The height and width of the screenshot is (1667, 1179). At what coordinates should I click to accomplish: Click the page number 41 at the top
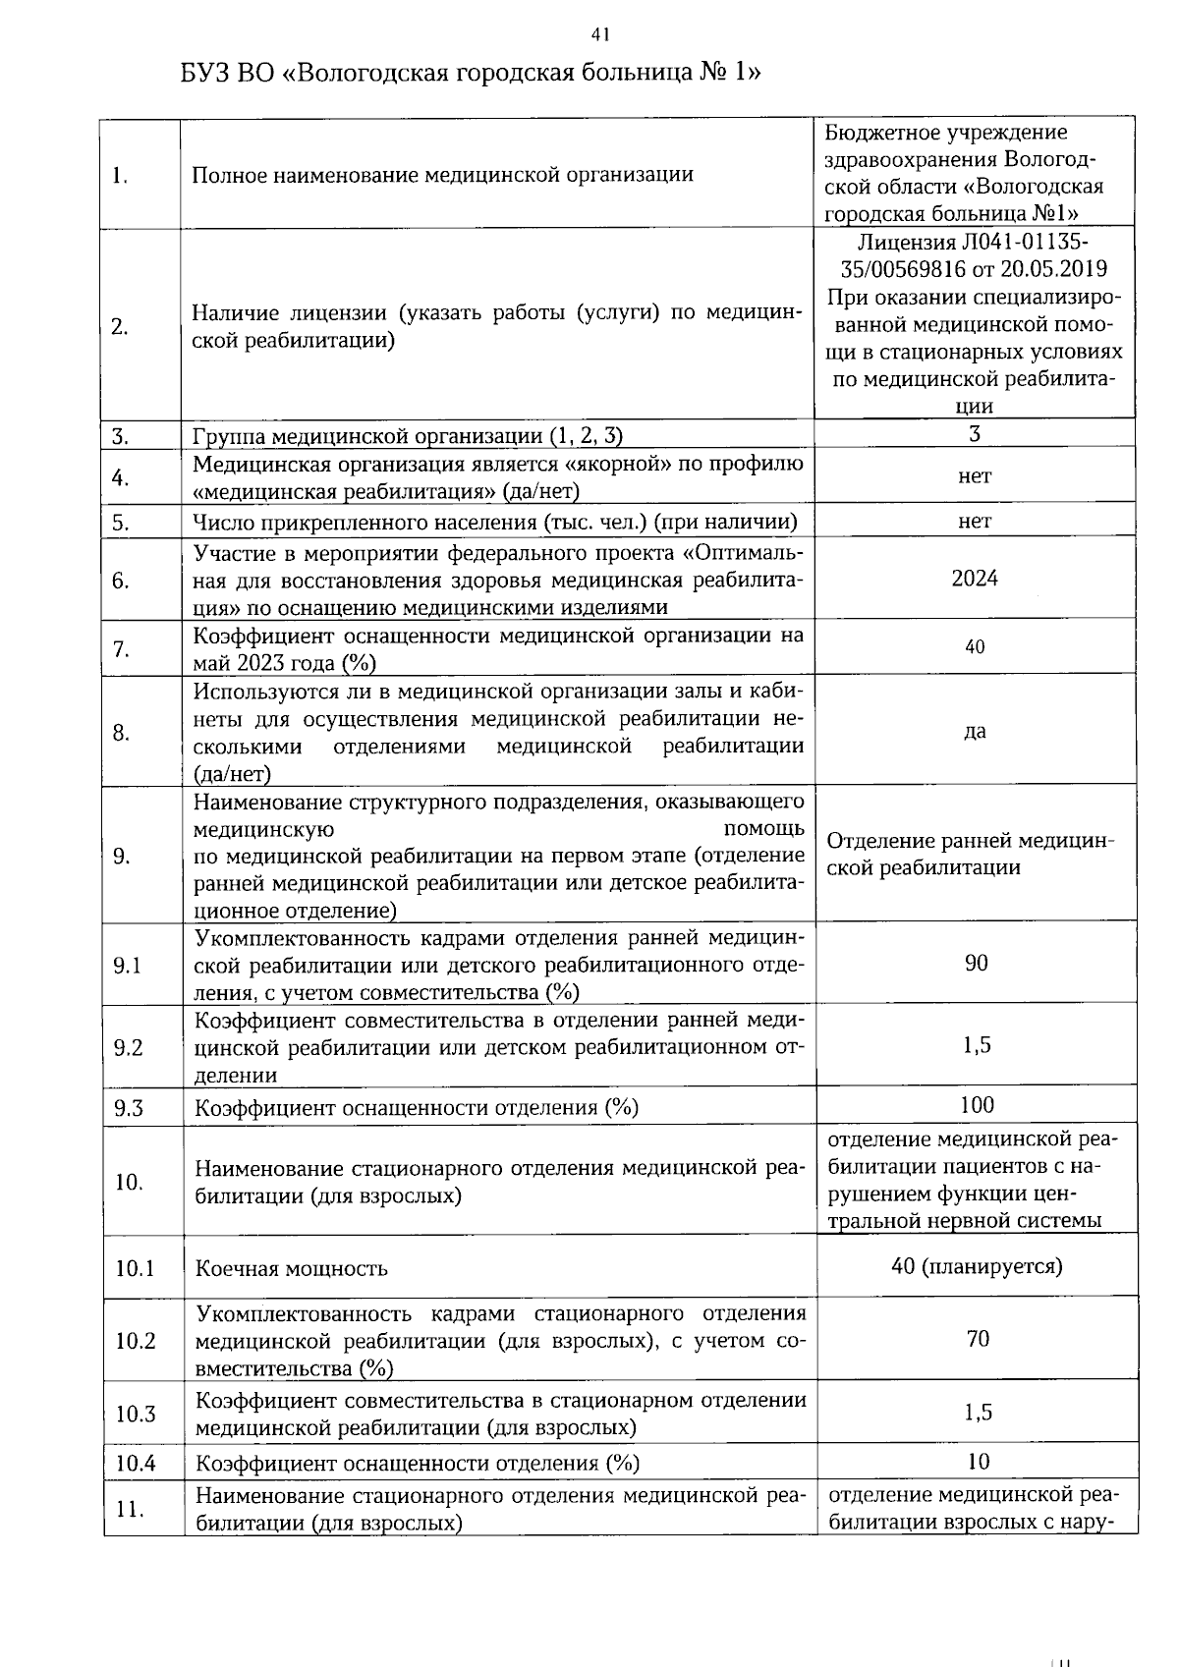(x=600, y=35)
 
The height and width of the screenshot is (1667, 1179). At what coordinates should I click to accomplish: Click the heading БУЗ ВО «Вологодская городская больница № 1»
(x=471, y=74)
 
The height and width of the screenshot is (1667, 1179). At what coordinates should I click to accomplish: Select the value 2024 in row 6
(x=974, y=579)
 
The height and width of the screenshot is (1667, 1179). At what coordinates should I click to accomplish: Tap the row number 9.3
(x=128, y=1108)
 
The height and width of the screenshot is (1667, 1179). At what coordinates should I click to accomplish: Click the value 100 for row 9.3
(x=977, y=1105)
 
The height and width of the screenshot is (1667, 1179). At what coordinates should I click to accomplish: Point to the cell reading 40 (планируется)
(x=976, y=1266)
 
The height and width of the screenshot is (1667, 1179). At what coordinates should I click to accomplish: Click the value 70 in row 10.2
(x=977, y=1339)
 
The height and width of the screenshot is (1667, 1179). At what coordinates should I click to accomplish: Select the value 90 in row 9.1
(x=976, y=963)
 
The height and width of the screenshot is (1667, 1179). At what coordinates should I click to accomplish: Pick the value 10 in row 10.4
(x=978, y=1461)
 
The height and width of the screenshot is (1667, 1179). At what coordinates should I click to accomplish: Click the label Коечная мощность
(x=292, y=1268)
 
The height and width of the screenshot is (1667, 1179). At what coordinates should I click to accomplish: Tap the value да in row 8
(x=975, y=732)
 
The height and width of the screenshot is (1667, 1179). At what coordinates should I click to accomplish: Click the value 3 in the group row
(x=975, y=434)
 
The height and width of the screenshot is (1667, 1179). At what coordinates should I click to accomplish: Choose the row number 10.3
(x=136, y=1414)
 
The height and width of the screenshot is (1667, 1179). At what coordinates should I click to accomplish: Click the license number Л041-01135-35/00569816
(x=974, y=255)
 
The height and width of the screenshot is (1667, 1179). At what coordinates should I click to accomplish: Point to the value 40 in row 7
(x=975, y=647)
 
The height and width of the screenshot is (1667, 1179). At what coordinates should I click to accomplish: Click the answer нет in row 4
(x=975, y=476)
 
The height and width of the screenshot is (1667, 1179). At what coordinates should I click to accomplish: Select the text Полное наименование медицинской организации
(x=442, y=175)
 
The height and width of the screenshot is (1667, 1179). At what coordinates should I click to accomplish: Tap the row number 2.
(x=120, y=327)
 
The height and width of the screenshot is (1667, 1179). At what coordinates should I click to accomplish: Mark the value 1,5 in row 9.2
(x=977, y=1045)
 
